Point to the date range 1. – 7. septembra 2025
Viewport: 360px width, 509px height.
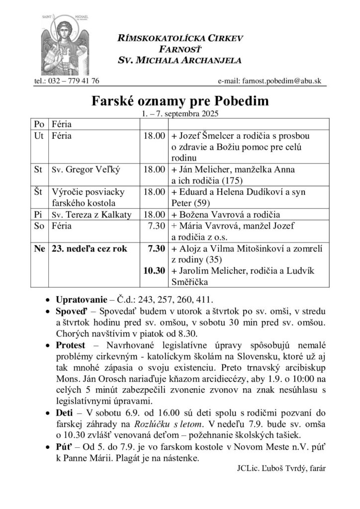180,113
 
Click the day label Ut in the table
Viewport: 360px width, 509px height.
39,135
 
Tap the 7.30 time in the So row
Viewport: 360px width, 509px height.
156,226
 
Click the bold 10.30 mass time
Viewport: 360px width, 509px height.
154,271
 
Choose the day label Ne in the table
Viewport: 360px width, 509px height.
39,249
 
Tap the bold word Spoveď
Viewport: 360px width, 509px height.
70,312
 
